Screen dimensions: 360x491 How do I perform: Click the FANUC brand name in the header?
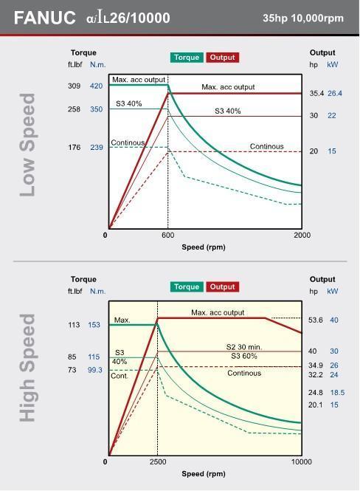click(x=44, y=18)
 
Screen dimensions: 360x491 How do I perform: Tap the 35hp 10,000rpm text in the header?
click(x=303, y=18)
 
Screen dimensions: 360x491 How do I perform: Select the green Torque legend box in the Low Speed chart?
click(x=187, y=58)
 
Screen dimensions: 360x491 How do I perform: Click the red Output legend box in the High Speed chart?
click(x=222, y=286)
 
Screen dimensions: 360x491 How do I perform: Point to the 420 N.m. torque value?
click(x=96, y=86)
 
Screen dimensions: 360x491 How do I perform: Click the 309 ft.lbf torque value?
click(x=74, y=86)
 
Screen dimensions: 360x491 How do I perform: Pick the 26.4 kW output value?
click(x=335, y=93)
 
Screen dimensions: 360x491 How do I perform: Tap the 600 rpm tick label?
click(x=168, y=236)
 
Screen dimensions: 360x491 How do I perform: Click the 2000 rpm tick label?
click(x=302, y=236)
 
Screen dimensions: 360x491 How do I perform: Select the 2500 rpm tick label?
click(x=158, y=462)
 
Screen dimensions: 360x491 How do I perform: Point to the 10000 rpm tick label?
click(x=302, y=462)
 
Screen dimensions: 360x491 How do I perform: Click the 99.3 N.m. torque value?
click(x=94, y=370)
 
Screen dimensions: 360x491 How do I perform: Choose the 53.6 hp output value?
click(x=315, y=320)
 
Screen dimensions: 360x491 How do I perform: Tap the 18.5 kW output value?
click(x=337, y=392)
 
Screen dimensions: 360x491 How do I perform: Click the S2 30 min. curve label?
click(x=244, y=347)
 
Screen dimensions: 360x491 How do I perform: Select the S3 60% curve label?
click(x=244, y=356)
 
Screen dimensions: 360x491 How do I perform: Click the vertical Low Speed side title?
click(x=27, y=145)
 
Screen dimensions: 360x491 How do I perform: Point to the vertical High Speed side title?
click(x=27, y=368)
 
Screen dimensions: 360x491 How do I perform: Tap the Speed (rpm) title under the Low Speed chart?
click(x=204, y=247)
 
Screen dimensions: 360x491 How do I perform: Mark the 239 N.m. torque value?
click(x=97, y=147)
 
